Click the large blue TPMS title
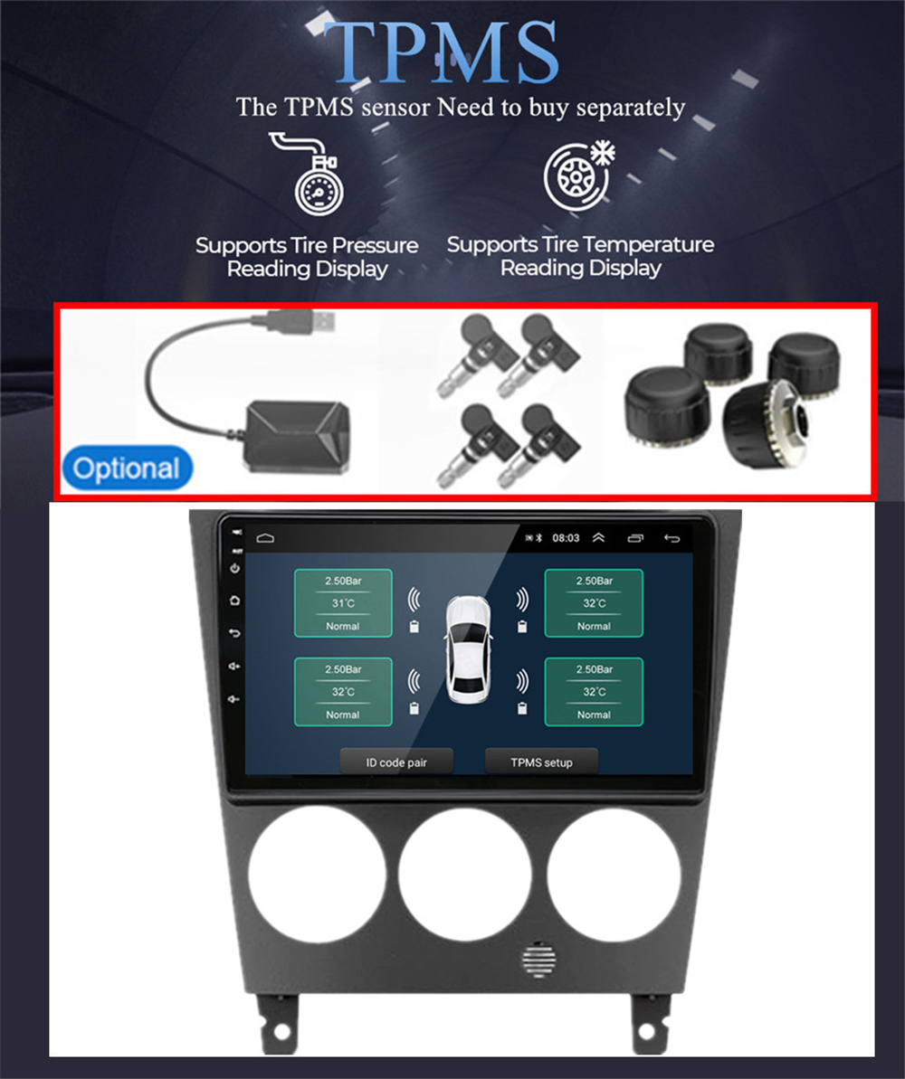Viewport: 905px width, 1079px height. pyautogui.click(x=441, y=52)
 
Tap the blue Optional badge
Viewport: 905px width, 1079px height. pyautogui.click(x=128, y=469)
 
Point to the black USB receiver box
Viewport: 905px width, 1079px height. pyautogui.click(x=298, y=438)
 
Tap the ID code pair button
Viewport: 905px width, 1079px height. pyautogui.click(x=396, y=762)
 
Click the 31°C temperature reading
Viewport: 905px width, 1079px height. pyautogui.click(x=343, y=603)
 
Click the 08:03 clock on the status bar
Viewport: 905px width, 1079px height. pyautogui.click(x=567, y=538)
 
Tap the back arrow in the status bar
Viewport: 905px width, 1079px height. pyautogui.click(x=672, y=538)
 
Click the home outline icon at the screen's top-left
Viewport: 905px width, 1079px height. pyautogui.click(x=265, y=537)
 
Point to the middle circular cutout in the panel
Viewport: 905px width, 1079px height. pyautogui.click(x=464, y=876)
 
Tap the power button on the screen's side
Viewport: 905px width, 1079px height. pyautogui.click(x=235, y=568)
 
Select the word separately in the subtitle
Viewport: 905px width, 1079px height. pyautogui.click(x=630, y=108)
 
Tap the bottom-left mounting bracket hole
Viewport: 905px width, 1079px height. pyautogui.click(x=281, y=1032)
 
